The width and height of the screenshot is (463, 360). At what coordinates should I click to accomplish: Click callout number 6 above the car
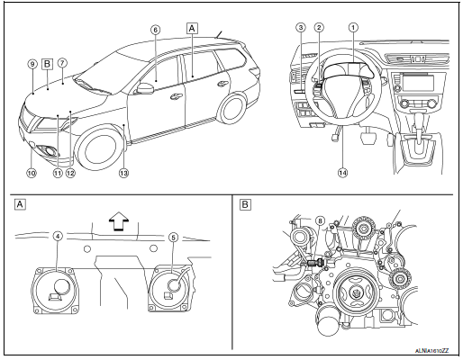tap(155, 29)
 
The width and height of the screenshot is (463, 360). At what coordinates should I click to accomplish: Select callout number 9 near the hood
tap(32, 65)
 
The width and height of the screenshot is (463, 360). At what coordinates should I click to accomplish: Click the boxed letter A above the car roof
tap(190, 28)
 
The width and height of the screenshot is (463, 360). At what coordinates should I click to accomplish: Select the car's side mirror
tap(143, 87)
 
